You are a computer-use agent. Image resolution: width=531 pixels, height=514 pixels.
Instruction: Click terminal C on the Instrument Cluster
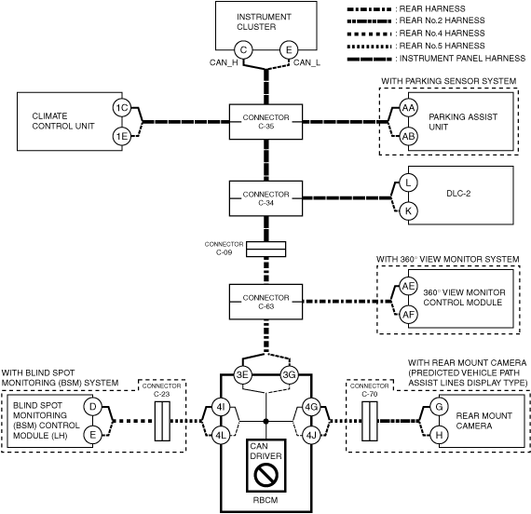point(243,49)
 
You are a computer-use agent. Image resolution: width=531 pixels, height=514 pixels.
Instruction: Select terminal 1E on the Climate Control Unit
point(122,136)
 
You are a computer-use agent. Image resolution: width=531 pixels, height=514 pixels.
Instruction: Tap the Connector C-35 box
point(265,122)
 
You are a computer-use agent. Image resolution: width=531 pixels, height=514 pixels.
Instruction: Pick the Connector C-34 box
point(265,198)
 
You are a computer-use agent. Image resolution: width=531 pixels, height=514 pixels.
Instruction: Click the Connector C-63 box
point(265,302)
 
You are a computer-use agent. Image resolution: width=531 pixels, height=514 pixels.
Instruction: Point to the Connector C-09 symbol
point(265,250)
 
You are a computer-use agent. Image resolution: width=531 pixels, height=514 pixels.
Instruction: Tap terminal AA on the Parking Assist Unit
point(408,108)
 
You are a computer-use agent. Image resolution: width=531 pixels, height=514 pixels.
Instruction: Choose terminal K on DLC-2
point(408,211)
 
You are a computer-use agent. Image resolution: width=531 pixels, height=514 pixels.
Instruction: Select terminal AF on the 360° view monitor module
point(408,315)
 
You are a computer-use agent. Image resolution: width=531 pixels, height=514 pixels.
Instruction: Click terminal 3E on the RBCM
point(242,375)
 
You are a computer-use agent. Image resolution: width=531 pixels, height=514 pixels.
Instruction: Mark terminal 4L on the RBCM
point(221,435)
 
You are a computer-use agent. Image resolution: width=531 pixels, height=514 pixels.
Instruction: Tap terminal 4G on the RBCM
point(311,407)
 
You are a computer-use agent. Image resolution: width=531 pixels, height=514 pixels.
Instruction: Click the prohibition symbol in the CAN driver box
point(265,475)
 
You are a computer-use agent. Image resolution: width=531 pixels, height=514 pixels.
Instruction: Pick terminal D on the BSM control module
point(92,407)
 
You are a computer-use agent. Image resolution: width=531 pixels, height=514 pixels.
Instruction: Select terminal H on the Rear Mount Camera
point(439,435)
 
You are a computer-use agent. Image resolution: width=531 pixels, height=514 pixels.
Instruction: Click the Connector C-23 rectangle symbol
point(162,421)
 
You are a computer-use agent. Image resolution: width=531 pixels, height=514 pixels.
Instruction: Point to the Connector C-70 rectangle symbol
point(370,421)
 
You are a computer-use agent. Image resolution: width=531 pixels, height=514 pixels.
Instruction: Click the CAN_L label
point(306,62)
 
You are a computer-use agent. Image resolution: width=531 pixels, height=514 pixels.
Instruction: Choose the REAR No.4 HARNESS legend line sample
point(370,34)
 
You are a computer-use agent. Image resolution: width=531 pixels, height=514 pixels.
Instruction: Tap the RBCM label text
point(265,500)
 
